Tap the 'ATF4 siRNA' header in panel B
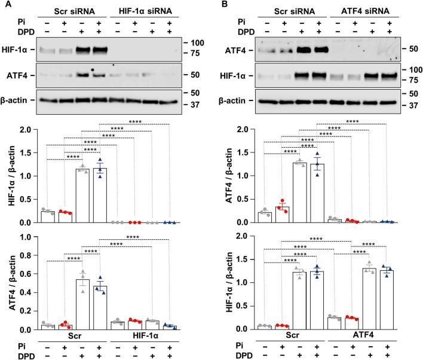click(356, 11)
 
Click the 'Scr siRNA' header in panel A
click(71, 11)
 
